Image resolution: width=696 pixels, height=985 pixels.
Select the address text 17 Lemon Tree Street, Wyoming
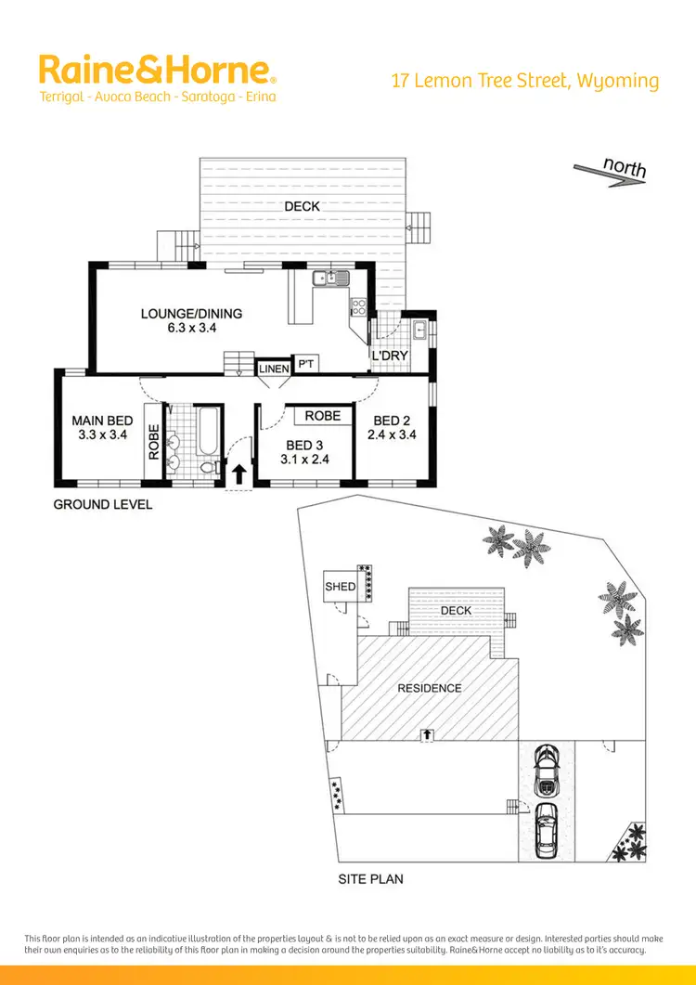click(x=525, y=81)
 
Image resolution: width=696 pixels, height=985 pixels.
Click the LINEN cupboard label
click(x=274, y=369)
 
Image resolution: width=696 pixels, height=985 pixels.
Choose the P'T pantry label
click(x=305, y=364)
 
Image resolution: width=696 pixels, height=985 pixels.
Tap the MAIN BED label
click(x=102, y=421)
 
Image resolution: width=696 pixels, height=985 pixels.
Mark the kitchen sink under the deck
click(x=329, y=277)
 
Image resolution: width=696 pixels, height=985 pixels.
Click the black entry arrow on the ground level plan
click(x=238, y=474)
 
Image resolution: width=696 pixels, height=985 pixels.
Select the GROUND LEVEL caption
click(x=102, y=504)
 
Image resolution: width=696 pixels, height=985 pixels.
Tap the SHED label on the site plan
click(x=340, y=587)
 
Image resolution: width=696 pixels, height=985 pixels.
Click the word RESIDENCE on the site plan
click(x=429, y=688)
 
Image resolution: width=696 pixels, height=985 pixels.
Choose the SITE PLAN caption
click(x=370, y=878)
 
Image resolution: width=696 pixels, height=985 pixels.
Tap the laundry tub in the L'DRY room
click(x=420, y=328)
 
